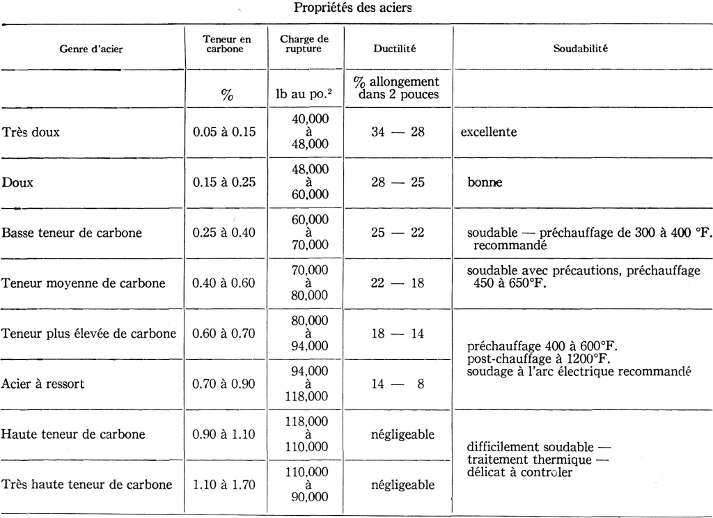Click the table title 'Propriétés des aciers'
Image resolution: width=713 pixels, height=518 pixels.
(356, 9)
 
